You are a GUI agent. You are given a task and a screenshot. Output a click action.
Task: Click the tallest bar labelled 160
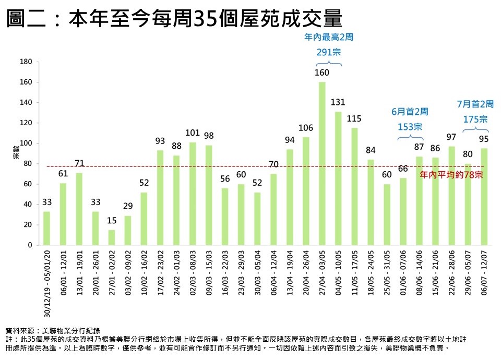coord(322,163)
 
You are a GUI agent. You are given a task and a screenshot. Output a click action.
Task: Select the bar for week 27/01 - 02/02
coord(112,237)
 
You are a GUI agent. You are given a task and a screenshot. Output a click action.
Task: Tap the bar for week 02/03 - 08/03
coord(193,194)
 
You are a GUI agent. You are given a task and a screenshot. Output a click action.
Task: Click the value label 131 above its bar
coord(338,102)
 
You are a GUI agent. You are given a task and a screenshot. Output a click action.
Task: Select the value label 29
coord(128,206)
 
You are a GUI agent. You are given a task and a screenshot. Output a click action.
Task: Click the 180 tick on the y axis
coord(27,62)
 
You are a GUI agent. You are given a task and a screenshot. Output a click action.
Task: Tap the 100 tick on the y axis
coord(27,143)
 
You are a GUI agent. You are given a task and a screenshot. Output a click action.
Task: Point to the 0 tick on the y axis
coord(30,245)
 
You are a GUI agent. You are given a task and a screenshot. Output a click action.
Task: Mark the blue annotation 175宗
coord(475,119)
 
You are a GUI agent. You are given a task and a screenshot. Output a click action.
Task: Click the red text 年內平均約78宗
coord(451,175)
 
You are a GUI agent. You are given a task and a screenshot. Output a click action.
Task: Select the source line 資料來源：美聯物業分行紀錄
coord(53,330)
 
